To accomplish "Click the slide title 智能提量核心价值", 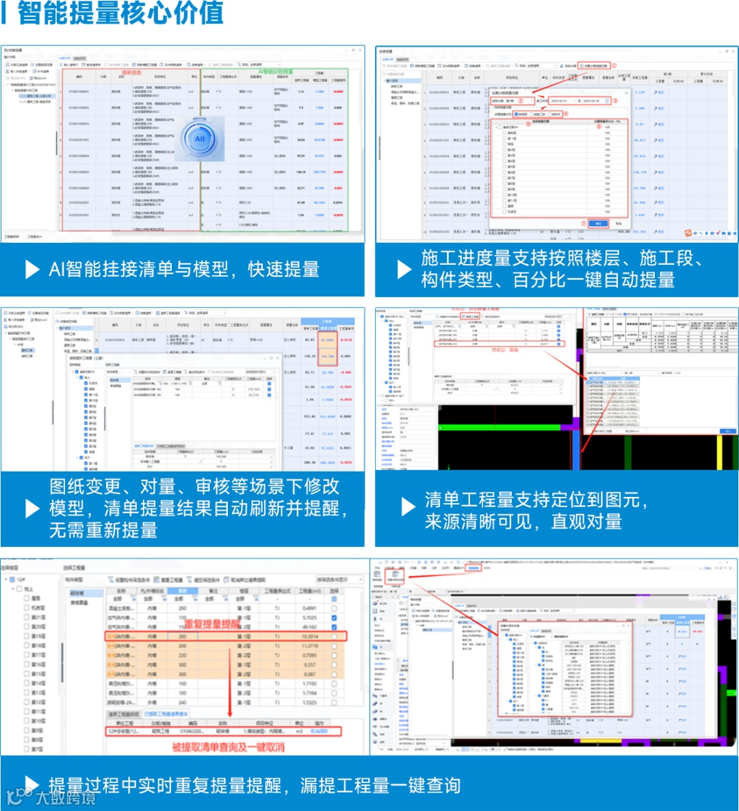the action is click(x=120, y=12).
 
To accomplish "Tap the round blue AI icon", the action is click(x=200, y=139).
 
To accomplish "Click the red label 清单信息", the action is click(x=131, y=72).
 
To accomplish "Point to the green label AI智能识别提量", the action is click(x=276, y=71).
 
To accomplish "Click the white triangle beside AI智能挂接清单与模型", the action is click(x=32, y=270).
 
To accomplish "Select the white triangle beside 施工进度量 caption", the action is click(x=404, y=269).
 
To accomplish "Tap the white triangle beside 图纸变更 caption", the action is click(x=32, y=509).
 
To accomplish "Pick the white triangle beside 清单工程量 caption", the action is click(x=408, y=506).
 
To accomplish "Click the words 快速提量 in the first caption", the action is click(x=283, y=270).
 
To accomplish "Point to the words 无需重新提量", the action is click(x=103, y=530).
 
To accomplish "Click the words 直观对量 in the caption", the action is click(x=586, y=522).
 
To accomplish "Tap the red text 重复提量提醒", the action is click(x=213, y=624).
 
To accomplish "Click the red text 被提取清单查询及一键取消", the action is click(x=228, y=747).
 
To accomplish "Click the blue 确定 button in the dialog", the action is click(x=597, y=223).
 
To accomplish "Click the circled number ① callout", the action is click(x=614, y=66).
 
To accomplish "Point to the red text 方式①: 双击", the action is click(x=505, y=350).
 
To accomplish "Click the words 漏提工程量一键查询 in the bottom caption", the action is click(x=380, y=786).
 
